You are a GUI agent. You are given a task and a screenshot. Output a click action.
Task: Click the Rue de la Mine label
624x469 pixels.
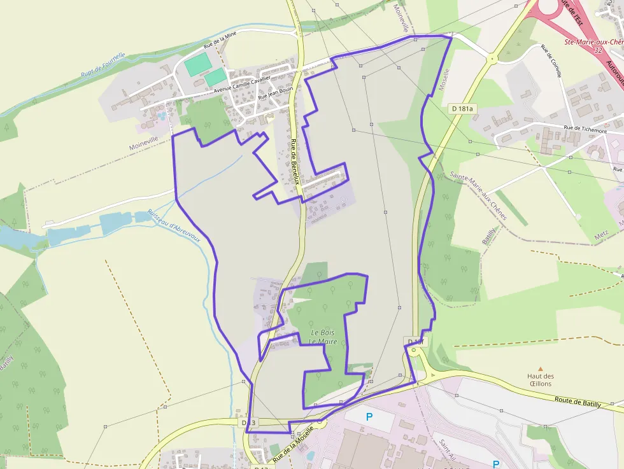tap(220, 40)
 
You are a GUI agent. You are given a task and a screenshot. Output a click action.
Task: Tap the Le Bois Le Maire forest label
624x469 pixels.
tap(323, 337)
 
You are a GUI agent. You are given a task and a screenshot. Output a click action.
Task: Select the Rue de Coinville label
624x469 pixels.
tap(551, 61)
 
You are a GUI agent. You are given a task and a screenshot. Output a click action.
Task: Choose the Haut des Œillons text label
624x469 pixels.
tap(541, 380)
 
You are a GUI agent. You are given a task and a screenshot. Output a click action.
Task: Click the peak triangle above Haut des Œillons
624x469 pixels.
tap(541, 368)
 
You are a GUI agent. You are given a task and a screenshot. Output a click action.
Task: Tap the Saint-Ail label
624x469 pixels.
tap(446, 448)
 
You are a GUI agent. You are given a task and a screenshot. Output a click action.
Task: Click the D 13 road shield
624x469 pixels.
tap(248, 423)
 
